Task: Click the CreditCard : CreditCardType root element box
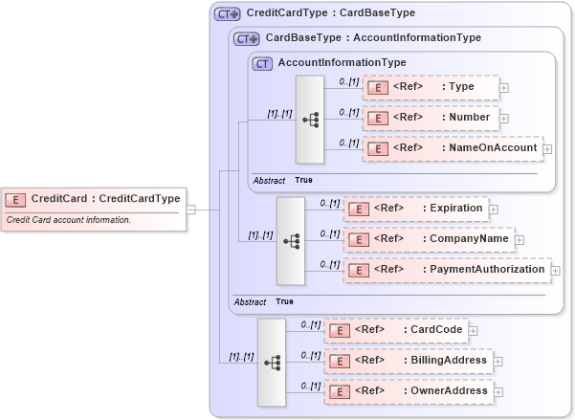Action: point(93,199)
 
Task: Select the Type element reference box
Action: point(431,88)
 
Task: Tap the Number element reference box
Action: point(431,118)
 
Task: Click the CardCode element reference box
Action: point(395,330)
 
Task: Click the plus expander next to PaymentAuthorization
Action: point(556,271)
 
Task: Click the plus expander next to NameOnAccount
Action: point(547,149)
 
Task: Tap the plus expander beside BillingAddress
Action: point(498,362)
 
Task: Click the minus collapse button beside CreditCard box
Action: point(191,210)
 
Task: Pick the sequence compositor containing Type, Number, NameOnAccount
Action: point(311,120)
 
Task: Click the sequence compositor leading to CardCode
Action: point(272,362)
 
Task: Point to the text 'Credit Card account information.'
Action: point(69,220)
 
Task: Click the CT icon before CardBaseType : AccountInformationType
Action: point(247,39)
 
